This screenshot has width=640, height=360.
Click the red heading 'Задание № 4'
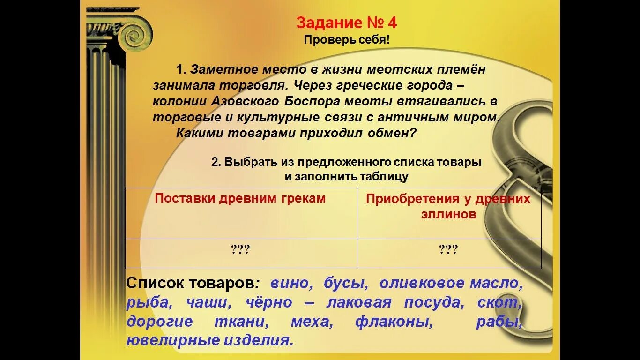[347, 23]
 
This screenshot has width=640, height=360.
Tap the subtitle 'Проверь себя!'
[347, 40]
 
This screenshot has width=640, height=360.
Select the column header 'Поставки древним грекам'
[240, 198]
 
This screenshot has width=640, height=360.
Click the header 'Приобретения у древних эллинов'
[448, 206]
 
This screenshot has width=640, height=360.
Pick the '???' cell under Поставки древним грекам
[240, 249]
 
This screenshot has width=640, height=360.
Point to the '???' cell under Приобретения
[448, 249]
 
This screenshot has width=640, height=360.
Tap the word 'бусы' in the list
[346, 284]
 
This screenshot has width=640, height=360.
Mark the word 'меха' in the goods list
[309, 322]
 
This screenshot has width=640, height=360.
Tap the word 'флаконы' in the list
[393, 322]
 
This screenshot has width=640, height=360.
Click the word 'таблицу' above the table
[384, 177]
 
